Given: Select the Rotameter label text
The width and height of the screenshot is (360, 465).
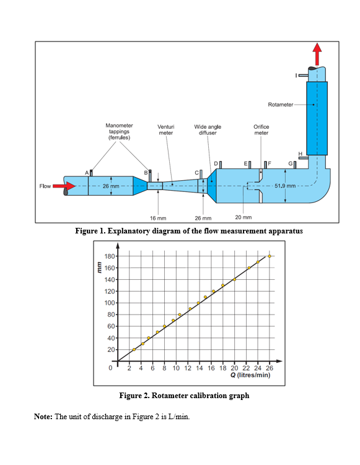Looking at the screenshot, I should pyautogui.click(x=281, y=104).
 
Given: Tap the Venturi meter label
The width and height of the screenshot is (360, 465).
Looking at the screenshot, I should pyautogui.click(x=165, y=129).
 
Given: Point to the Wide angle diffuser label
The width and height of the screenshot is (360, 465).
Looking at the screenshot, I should pyautogui.click(x=208, y=129).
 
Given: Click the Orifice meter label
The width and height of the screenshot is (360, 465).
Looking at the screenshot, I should pyautogui.click(x=261, y=129).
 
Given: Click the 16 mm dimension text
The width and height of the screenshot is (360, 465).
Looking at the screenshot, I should pyautogui.click(x=158, y=218).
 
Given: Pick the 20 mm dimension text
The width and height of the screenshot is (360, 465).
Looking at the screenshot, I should pyautogui.click(x=243, y=217).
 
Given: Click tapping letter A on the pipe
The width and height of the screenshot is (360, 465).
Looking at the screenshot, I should pyautogui.click(x=87, y=172).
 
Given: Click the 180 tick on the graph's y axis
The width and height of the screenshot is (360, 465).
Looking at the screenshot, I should pyautogui.click(x=109, y=256).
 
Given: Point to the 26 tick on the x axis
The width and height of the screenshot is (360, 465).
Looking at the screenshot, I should pyautogui.click(x=270, y=368).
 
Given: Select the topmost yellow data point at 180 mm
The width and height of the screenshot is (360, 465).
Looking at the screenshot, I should pyautogui.click(x=270, y=256).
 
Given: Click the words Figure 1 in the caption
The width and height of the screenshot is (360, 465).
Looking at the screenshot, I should pyautogui.click(x=91, y=231).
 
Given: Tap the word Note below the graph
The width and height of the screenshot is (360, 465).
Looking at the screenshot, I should pyautogui.click(x=43, y=415).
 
